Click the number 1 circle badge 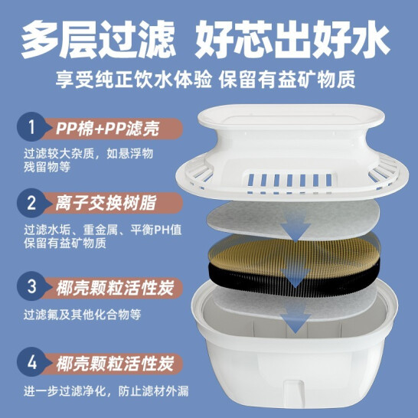click(x=31, y=126)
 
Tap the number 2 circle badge click(x=31, y=203)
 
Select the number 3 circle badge click(x=31, y=286)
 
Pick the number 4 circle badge click(x=31, y=362)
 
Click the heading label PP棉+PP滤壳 click(x=107, y=129)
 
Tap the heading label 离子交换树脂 click(x=106, y=203)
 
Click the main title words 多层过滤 click(x=98, y=39)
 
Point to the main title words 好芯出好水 click(x=292, y=39)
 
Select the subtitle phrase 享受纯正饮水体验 click(x=133, y=79)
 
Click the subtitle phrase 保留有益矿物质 click(x=287, y=79)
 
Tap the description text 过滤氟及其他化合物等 click(x=82, y=315)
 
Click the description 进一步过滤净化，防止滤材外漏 click(x=106, y=391)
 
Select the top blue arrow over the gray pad click(x=296, y=227)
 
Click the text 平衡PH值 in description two click(x=156, y=230)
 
